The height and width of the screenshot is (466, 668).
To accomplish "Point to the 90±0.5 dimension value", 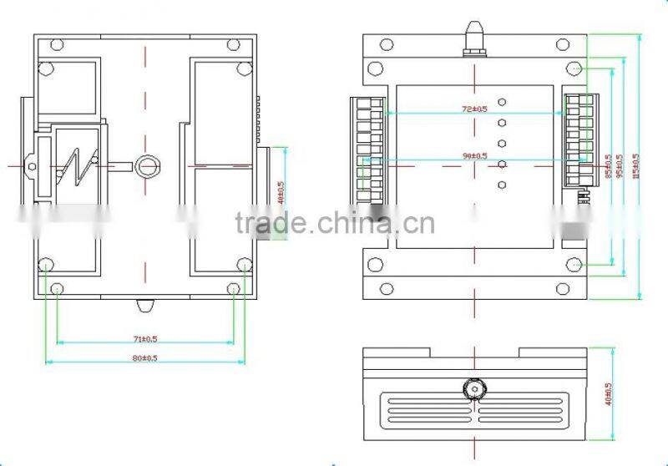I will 474,155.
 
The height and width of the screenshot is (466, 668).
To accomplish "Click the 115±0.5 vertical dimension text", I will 635,167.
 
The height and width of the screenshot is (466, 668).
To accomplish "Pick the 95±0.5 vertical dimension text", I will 619,167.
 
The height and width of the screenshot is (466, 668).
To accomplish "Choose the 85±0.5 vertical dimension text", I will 607,167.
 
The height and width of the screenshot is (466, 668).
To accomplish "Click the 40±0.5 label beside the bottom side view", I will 608,394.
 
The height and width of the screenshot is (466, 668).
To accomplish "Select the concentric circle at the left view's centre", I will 148,165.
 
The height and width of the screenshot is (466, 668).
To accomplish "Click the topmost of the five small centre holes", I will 502,103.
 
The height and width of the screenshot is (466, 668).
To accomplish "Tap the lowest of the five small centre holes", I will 502,185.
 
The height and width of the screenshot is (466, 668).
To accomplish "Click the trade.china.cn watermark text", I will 334,224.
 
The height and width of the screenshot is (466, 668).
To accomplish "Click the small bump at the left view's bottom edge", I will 144,305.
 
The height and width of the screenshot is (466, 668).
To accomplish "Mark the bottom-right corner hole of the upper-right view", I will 574,265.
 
